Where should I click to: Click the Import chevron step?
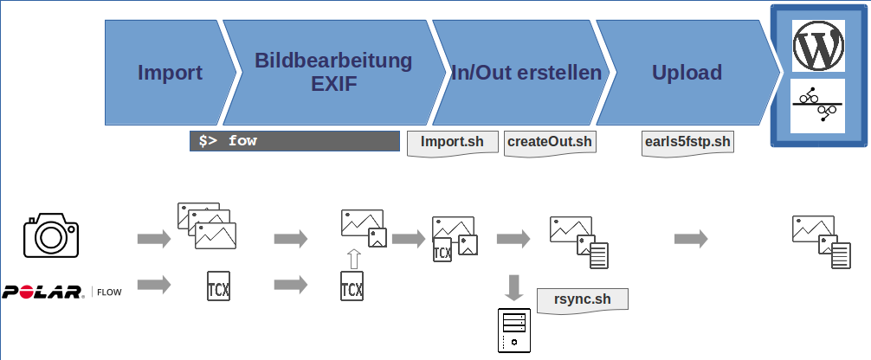tap(170, 72)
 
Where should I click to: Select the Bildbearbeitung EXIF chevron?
tap(333, 72)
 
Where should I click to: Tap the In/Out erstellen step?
tap(522, 72)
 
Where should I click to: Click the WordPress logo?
tap(818, 46)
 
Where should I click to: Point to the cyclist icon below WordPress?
tap(817, 106)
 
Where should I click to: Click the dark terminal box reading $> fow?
tap(294, 141)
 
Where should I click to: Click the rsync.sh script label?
tap(582, 300)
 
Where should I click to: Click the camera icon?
tap(51, 235)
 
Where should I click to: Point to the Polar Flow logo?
tap(61, 292)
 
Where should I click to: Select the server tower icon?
tap(513, 331)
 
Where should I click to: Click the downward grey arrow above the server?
tap(513, 288)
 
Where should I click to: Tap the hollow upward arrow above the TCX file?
tap(353, 260)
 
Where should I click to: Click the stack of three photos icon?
tap(207, 226)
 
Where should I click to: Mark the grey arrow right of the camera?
tap(154, 239)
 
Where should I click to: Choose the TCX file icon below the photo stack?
tap(218, 286)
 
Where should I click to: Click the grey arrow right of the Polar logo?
tap(154, 285)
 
